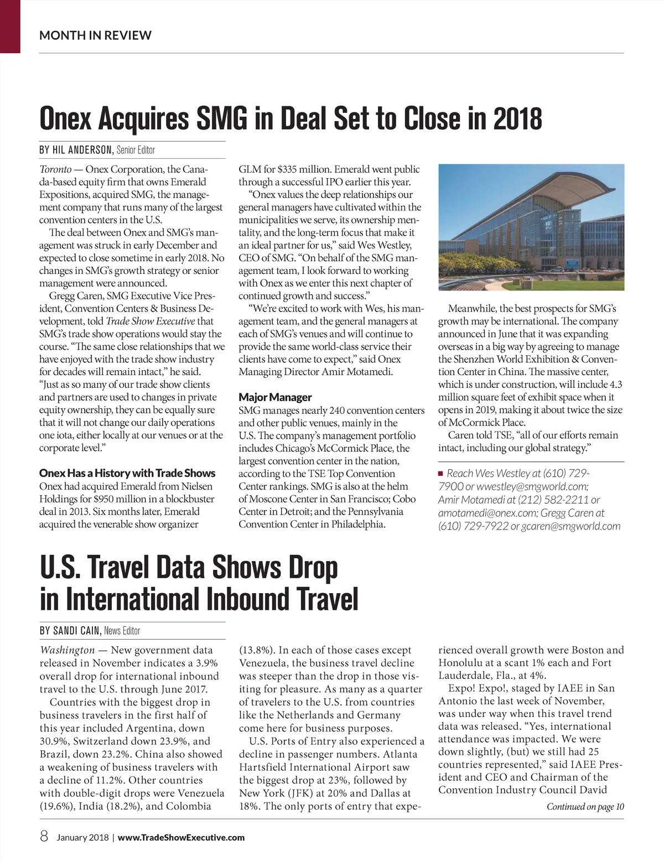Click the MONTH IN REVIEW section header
(x=95, y=35)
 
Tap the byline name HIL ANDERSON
(x=83, y=150)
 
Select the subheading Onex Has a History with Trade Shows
(x=127, y=473)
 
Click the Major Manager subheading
(x=275, y=397)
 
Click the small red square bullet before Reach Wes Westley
(x=441, y=474)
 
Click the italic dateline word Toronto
(x=55, y=169)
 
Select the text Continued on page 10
(x=585, y=807)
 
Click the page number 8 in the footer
(x=44, y=837)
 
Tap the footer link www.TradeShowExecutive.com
(x=181, y=838)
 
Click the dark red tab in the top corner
(x=10, y=26)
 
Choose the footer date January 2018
(x=82, y=838)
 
